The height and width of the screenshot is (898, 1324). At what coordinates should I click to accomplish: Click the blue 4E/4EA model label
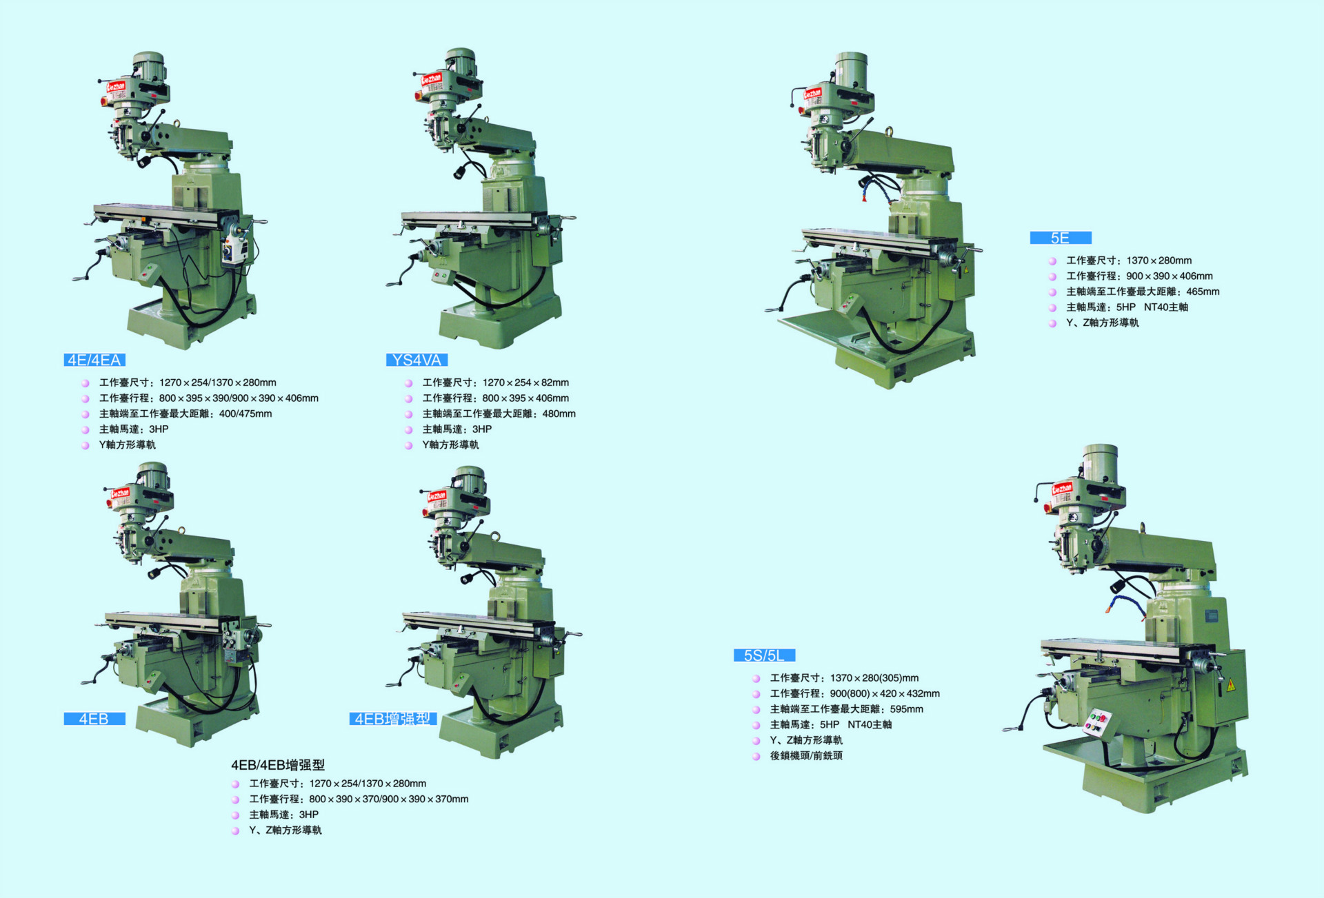[x=94, y=360]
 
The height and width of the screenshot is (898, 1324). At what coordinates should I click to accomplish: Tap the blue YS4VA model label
[x=417, y=360]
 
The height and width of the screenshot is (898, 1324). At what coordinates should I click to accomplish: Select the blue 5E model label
[x=1060, y=238]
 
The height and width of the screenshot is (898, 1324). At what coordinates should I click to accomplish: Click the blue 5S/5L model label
[x=764, y=655]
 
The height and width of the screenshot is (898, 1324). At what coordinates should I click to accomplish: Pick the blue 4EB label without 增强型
[x=94, y=719]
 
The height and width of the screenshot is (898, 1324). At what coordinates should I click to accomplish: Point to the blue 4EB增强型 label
[x=392, y=719]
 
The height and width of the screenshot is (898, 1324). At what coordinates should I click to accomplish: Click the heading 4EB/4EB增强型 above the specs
[x=277, y=765]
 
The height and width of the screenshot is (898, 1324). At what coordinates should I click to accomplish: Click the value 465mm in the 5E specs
[x=1203, y=292]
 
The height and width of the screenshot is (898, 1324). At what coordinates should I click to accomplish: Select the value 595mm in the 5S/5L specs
[x=906, y=709]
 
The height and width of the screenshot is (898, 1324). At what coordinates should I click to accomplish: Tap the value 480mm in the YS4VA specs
[x=559, y=414]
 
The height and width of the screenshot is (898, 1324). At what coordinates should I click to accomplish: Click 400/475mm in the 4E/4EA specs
[x=245, y=414]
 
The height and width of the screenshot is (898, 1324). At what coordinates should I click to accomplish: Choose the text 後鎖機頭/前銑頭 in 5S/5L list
[x=806, y=755]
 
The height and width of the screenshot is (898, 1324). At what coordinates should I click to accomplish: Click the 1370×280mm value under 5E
[x=1158, y=261]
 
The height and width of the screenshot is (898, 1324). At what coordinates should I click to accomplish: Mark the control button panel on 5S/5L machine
[x=1096, y=722]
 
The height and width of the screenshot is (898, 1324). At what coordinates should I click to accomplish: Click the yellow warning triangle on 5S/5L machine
[x=1230, y=686]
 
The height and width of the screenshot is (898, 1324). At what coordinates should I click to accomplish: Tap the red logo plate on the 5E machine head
[x=813, y=92]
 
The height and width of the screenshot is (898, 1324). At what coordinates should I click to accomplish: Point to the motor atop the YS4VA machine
[x=461, y=61]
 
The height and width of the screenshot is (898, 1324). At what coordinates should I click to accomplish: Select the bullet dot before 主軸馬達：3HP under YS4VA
[x=408, y=429]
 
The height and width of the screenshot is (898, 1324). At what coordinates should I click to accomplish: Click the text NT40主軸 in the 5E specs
[x=1165, y=307]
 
